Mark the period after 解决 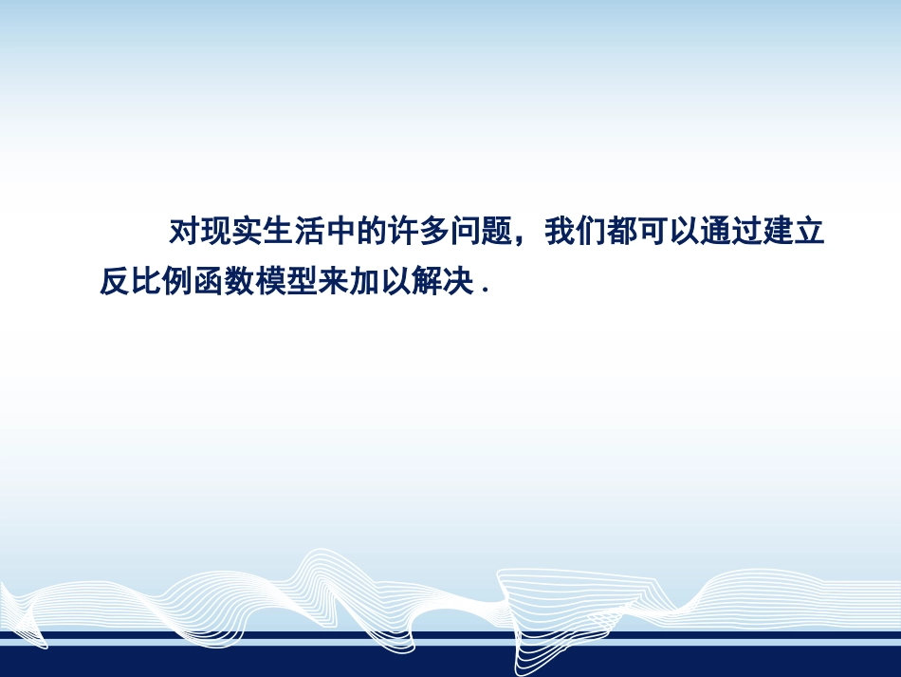(485, 291)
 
